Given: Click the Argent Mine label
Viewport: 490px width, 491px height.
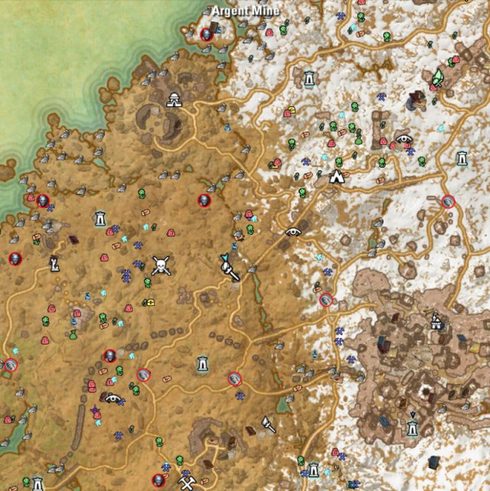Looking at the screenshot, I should coord(245,11).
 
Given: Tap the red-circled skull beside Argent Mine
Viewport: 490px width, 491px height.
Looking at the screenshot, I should coord(206,34).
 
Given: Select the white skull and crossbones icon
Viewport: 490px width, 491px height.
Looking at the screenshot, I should coord(161,266).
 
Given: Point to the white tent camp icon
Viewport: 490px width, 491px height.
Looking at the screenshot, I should coord(336,176).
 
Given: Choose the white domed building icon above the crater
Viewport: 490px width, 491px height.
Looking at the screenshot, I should coord(174,101).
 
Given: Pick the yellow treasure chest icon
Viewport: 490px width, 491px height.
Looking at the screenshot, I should coord(150,302).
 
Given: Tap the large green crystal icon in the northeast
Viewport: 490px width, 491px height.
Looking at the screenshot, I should coord(438,77).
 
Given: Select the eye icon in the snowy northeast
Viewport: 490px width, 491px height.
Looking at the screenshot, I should coord(403,138).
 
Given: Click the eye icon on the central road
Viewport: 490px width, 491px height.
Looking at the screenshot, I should coord(293,232).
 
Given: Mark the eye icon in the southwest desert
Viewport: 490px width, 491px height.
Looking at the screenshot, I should coord(114,399).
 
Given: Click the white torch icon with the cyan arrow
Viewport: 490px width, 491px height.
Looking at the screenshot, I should coord(228,267).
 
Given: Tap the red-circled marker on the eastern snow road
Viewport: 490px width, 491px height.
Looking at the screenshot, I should coord(447,201).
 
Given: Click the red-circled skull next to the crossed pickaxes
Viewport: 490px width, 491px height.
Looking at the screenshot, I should coord(159,479).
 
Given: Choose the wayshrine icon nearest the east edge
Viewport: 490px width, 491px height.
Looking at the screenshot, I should coord(462,157).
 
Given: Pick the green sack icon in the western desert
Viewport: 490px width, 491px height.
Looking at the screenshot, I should coord(72,335).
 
